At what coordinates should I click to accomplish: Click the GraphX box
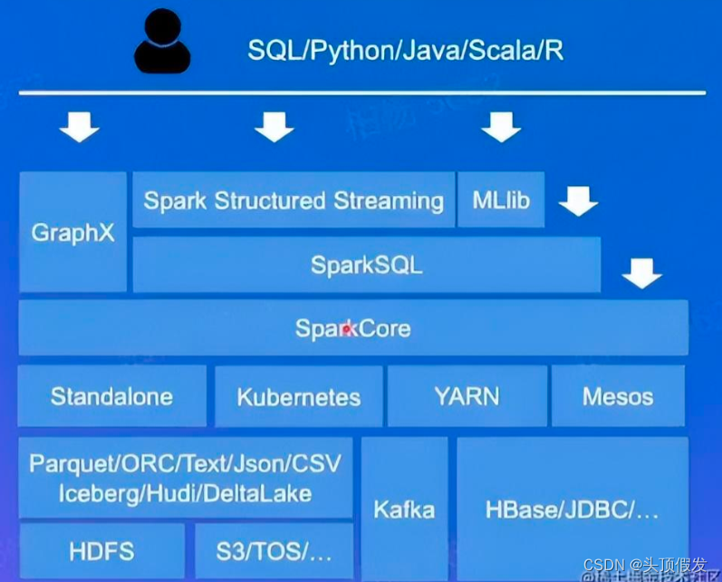(x=73, y=232)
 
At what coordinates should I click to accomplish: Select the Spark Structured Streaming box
(x=294, y=200)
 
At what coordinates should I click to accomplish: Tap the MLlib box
(x=501, y=200)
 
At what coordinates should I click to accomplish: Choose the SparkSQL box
(x=366, y=265)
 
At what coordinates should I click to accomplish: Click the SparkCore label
(x=352, y=328)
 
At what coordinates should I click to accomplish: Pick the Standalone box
(x=111, y=396)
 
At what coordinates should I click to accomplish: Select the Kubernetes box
(x=299, y=397)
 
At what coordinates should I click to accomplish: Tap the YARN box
(x=467, y=396)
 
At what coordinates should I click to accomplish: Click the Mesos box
(x=618, y=396)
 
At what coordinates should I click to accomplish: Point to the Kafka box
(x=404, y=509)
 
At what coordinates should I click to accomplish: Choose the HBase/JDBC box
(x=572, y=509)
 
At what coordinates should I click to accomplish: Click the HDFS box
(x=101, y=550)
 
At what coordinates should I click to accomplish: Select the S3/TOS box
(x=274, y=550)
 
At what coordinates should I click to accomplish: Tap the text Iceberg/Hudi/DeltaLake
(x=185, y=494)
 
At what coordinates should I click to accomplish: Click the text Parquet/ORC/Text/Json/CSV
(x=185, y=465)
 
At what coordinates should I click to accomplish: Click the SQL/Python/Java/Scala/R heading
(x=405, y=50)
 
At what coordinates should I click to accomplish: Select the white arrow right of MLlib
(x=578, y=201)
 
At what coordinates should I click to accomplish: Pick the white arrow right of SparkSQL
(x=642, y=272)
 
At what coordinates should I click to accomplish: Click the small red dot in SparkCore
(x=346, y=331)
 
